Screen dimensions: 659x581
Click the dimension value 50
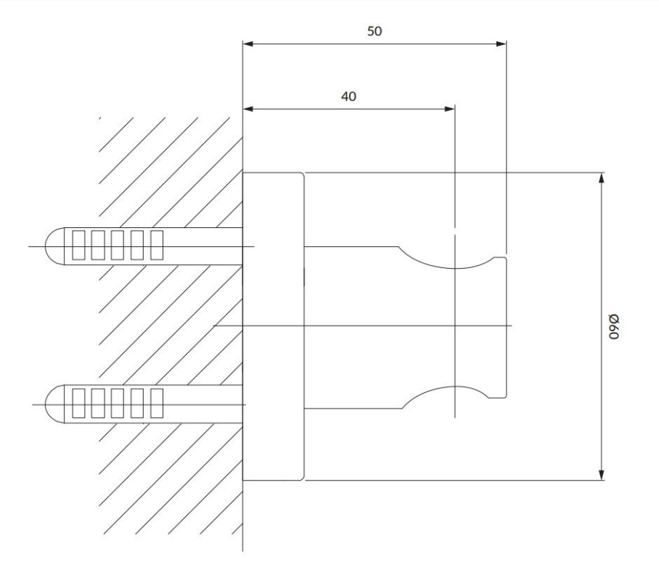(374, 31)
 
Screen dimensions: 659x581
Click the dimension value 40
(348, 97)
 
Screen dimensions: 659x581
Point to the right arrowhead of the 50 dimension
(501, 44)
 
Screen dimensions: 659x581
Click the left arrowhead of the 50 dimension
(248, 44)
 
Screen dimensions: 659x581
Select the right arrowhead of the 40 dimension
(449, 110)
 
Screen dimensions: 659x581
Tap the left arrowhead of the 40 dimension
(248, 110)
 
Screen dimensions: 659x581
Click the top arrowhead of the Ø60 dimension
(602, 179)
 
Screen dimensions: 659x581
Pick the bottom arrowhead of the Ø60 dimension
(602, 474)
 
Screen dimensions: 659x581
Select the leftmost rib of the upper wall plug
(78, 245)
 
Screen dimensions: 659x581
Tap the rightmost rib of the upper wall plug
(157, 245)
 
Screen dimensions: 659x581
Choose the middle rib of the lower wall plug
(118, 403)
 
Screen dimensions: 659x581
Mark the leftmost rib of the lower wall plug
(78, 403)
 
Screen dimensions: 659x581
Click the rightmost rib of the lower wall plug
(157, 403)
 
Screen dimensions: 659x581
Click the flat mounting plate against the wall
(273, 326)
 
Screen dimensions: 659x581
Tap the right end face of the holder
(506, 327)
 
